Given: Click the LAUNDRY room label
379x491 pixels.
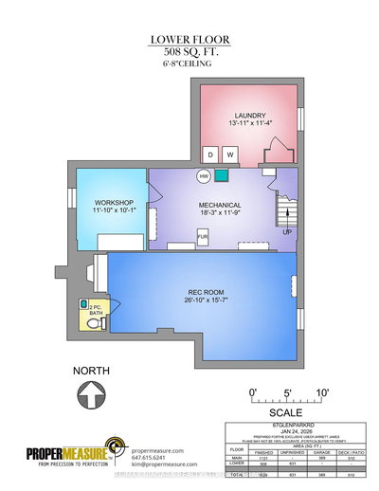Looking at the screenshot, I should tap(245, 116).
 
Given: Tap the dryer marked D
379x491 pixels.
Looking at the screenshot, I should tap(211, 155).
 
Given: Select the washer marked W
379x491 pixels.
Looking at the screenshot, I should tap(229, 155).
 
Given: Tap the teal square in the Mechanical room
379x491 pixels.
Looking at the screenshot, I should tap(221, 174).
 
